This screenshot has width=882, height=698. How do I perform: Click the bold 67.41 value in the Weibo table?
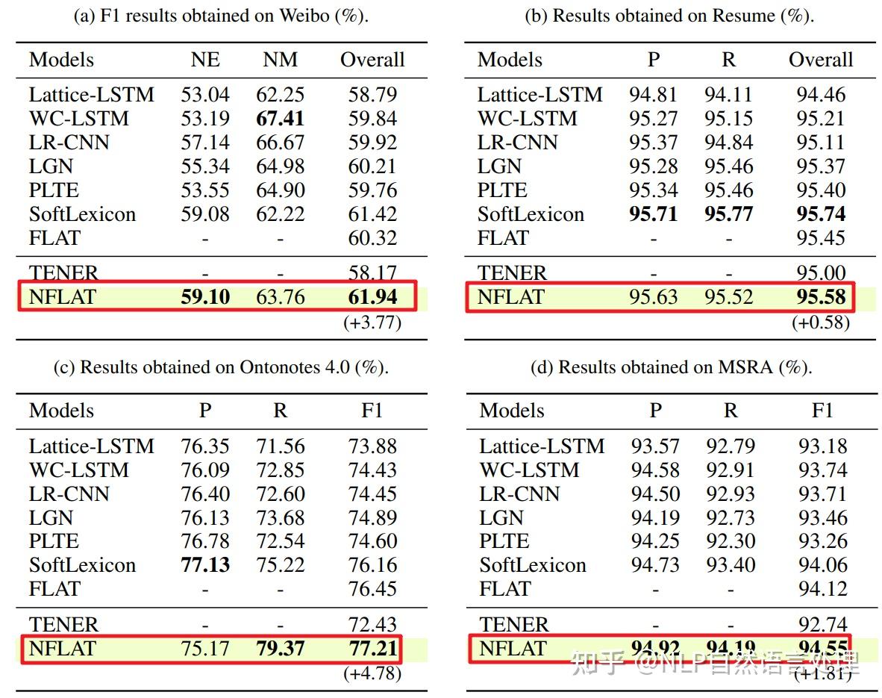pos(281,119)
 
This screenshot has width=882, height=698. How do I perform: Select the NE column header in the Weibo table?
pos(205,60)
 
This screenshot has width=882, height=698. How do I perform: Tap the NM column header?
pos(281,60)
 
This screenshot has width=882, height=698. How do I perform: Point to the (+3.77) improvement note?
pos(372,322)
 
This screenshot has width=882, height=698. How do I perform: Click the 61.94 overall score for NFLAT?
pos(372,297)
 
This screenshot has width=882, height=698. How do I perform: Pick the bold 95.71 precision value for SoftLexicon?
pos(654,214)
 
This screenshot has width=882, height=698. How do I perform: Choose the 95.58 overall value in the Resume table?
pos(821,297)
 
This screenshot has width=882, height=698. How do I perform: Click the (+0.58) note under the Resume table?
pos(821,322)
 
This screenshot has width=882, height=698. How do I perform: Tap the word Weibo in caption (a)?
pos(304,16)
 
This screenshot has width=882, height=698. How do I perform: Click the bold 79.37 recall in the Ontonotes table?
pos(281,648)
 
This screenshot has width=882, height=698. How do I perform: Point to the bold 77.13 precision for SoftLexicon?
pos(205,565)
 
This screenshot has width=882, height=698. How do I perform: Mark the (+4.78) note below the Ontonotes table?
pos(372,673)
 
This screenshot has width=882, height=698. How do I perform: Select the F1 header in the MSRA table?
pos(822,411)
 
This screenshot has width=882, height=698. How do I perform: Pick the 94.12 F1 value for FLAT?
pos(822,589)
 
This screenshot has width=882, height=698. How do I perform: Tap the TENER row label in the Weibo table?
pos(63,273)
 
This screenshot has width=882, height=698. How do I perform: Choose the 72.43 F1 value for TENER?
pos(372,624)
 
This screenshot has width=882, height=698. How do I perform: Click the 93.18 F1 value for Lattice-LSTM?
pos(822,446)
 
